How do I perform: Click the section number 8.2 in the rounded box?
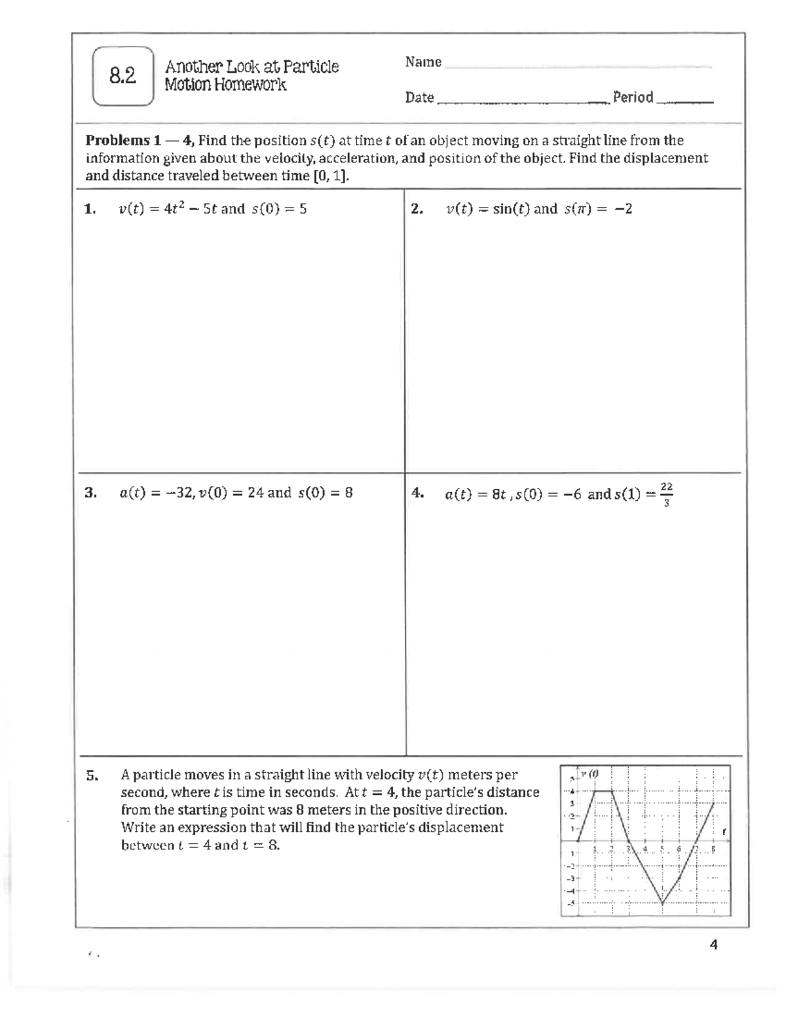pos(123,77)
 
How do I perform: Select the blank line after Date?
pos(521,100)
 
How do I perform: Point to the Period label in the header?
pos(633,98)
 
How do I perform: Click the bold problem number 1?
pos(90,209)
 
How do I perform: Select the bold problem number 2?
pos(417,209)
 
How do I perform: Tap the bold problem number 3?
pos(90,492)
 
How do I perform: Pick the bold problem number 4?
pos(417,493)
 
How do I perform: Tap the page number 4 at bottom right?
pos(713,945)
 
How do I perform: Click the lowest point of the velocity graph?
pos(662,903)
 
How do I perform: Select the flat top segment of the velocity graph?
pos(603,791)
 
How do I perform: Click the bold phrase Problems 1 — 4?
pos(139,140)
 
